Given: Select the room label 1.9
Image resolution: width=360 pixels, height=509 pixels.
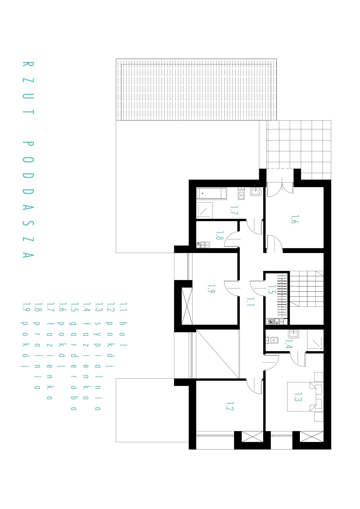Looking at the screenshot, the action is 211,288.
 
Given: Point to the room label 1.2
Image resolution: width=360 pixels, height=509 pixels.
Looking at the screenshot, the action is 230,406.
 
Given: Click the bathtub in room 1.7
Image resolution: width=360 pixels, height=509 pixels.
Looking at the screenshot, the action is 211,194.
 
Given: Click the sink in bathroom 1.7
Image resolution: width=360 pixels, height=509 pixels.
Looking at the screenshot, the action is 256,192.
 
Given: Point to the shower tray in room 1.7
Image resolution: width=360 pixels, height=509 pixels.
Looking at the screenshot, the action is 204,210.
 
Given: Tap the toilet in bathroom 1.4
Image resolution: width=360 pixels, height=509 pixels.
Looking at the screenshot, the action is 272,340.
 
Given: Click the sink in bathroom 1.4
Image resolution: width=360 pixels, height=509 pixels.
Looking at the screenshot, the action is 294,334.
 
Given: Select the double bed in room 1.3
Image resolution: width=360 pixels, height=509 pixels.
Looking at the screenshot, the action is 302,397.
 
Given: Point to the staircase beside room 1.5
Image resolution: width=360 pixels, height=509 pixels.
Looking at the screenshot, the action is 306,289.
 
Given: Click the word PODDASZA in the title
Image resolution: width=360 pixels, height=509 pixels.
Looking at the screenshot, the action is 28,200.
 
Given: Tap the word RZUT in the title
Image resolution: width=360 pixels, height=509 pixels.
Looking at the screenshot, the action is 28,88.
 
